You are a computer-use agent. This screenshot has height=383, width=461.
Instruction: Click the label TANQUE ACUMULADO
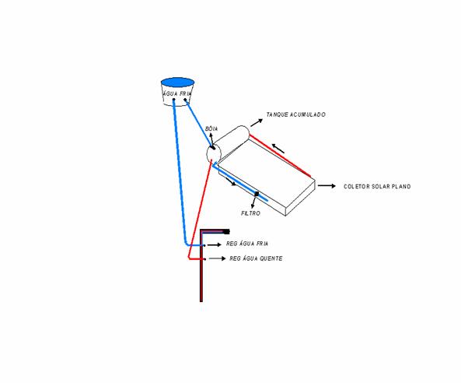pyautogui.click(x=295, y=114)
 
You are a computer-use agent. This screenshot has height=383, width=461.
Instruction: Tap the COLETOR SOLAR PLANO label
pyautogui.click(x=377, y=186)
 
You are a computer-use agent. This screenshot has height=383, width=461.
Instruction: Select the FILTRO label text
pyautogui.click(x=250, y=213)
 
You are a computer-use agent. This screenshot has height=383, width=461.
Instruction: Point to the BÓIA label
pyautogui.click(x=211, y=128)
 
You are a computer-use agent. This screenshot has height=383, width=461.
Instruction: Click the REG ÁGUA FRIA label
pyautogui.click(x=247, y=244)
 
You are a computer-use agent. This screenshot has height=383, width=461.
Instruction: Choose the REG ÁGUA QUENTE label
pyautogui.click(x=256, y=258)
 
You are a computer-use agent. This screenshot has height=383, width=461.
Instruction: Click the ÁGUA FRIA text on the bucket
pyautogui.click(x=177, y=93)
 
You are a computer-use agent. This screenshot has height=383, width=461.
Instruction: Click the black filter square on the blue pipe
pyautogui.click(x=257, y=194)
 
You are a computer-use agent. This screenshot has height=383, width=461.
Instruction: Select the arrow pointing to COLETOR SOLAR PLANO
pyautogui.click(x=327, y=186)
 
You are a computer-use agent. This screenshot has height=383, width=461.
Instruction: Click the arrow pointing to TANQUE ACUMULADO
pyautogui.click(x=257, y=123)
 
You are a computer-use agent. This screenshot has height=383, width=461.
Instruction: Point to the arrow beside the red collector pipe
pyautogui.click(x=278, y=149)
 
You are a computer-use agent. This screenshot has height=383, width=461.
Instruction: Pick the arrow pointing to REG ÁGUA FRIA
pyautogui.click(x=215, y=244)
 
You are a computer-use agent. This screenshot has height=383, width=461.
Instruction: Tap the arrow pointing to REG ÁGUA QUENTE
pyautogui.click(x=217, y=258)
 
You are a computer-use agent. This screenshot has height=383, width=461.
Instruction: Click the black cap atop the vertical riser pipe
pyautogui.click(x=226, y=232)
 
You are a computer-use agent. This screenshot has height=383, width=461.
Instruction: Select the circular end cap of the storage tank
pyautogui.click(x=214, y=153)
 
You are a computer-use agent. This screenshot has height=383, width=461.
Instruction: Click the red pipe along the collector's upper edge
pyautogui.click(x=280, y=156)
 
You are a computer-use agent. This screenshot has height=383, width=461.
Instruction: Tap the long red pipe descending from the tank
pyautogui.click(x=200, y=210)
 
